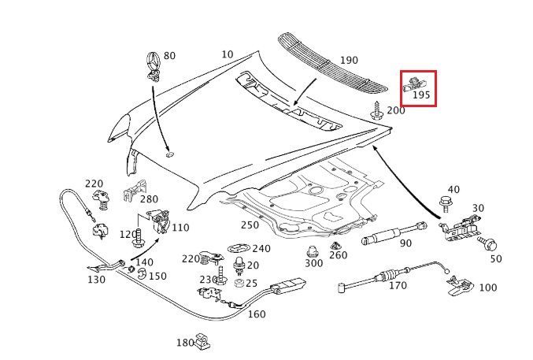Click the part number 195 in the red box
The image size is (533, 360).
(x=421, y=95)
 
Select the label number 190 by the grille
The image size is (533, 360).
(x=348, y=61)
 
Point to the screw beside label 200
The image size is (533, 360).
(x=377, y=109)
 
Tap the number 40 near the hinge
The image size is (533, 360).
(x=453, y=190)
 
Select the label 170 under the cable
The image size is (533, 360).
(x=398, y=287)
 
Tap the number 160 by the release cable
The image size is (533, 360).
(x=257, y=314)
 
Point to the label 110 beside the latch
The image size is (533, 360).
(x=180, y=228)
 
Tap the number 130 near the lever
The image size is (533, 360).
(x=95, y=280)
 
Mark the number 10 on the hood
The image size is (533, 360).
(x=228, y=54)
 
